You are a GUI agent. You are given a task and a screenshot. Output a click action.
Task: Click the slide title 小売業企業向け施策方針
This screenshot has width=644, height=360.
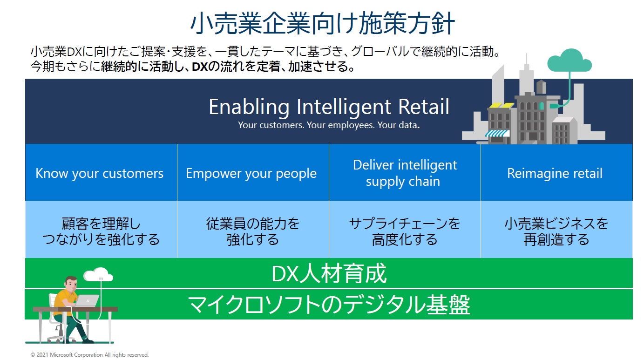point(322,23)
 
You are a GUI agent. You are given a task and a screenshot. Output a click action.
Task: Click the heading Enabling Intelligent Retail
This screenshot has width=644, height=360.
point(329,107)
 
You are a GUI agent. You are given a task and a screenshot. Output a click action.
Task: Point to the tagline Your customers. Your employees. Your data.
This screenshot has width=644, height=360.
point(329,125)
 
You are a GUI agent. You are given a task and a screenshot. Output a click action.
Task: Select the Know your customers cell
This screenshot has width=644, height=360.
point(101,172)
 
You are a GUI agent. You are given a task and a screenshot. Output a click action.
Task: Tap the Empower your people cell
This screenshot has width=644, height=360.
point(253,172)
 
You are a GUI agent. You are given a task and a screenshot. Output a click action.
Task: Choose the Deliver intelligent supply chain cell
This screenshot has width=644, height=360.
point(405,172)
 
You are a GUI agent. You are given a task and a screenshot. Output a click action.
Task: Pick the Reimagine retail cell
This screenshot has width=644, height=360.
point(556,172)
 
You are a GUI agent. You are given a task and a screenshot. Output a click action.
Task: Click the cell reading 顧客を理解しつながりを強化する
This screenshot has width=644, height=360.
point(101,229)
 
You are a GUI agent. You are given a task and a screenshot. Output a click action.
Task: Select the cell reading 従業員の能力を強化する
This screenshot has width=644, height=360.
point(253,229)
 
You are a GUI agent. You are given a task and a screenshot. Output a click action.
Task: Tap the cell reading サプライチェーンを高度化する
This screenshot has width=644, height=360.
point(405,229)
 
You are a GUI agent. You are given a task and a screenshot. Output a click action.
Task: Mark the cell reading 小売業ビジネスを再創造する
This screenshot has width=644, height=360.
point(556,229)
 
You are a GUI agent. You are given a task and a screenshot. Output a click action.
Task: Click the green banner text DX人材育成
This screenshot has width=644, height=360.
point(329,273)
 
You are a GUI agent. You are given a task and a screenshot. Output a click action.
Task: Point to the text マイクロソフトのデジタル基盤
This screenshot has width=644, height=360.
point(329,305)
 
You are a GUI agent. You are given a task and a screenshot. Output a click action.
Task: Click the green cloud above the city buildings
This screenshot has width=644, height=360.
point(569,61)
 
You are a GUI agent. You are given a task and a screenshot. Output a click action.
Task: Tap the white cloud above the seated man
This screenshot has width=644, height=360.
point(98,275)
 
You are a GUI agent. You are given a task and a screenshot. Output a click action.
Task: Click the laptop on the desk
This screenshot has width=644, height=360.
point(87,301)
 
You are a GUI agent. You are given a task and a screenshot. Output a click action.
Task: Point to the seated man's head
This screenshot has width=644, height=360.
point(71,284)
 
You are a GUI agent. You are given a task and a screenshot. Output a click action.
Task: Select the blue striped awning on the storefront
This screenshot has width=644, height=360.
point(497,133)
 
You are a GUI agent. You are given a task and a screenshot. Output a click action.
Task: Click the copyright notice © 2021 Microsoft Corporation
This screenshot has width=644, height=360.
point(89,355)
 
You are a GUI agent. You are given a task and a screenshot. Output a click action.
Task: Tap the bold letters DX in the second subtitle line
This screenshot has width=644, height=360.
point(199,67)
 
